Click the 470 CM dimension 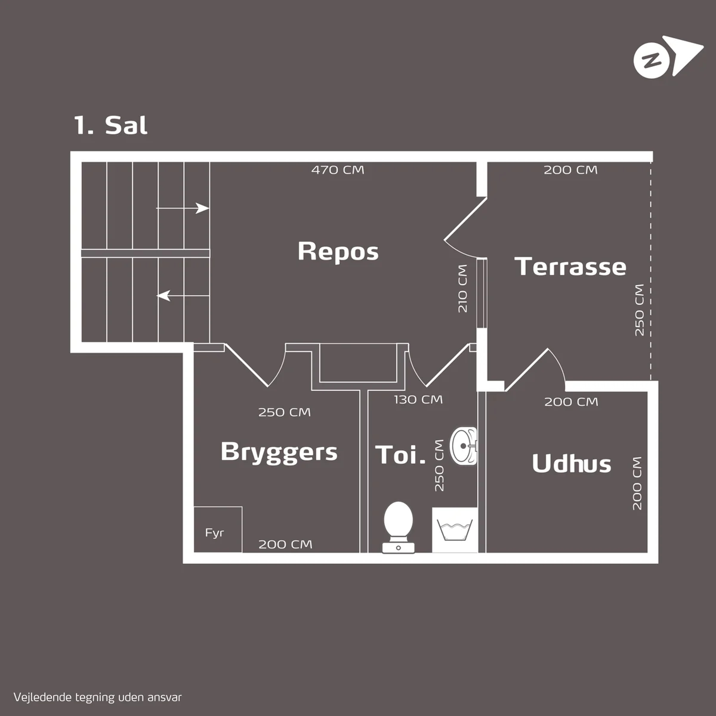(338, 170)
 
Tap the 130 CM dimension (418, 400)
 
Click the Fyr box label (214, 533)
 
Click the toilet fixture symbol (398, 526)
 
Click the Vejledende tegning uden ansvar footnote (97, 697)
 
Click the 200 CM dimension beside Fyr (285, 544)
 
